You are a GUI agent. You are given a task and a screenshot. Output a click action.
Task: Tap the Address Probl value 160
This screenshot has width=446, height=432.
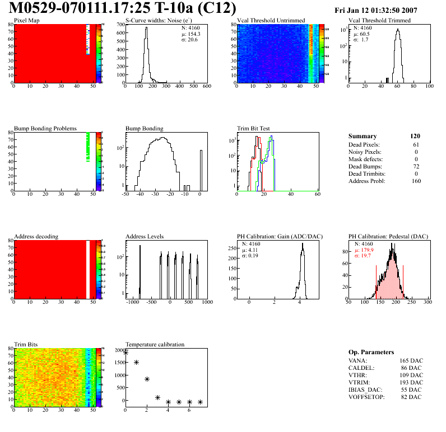[x=416, y=181]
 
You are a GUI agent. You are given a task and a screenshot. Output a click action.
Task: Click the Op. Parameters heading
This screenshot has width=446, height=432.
[x=371, y=352]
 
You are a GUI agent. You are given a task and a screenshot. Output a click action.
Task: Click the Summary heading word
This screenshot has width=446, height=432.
[x=363, y=136]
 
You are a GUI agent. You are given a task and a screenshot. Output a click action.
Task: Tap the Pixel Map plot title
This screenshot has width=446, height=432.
[x=26, y=21]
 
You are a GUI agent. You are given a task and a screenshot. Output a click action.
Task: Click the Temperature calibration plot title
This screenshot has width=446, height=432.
[x=155, y=344]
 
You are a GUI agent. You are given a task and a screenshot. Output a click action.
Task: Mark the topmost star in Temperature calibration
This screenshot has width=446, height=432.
[x=126, y=353]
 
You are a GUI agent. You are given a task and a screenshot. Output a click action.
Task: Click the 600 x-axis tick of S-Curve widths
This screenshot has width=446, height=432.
[x=207, y=86]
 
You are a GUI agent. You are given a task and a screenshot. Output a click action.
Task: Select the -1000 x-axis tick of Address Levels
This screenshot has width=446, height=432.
[x=132, y=302]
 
